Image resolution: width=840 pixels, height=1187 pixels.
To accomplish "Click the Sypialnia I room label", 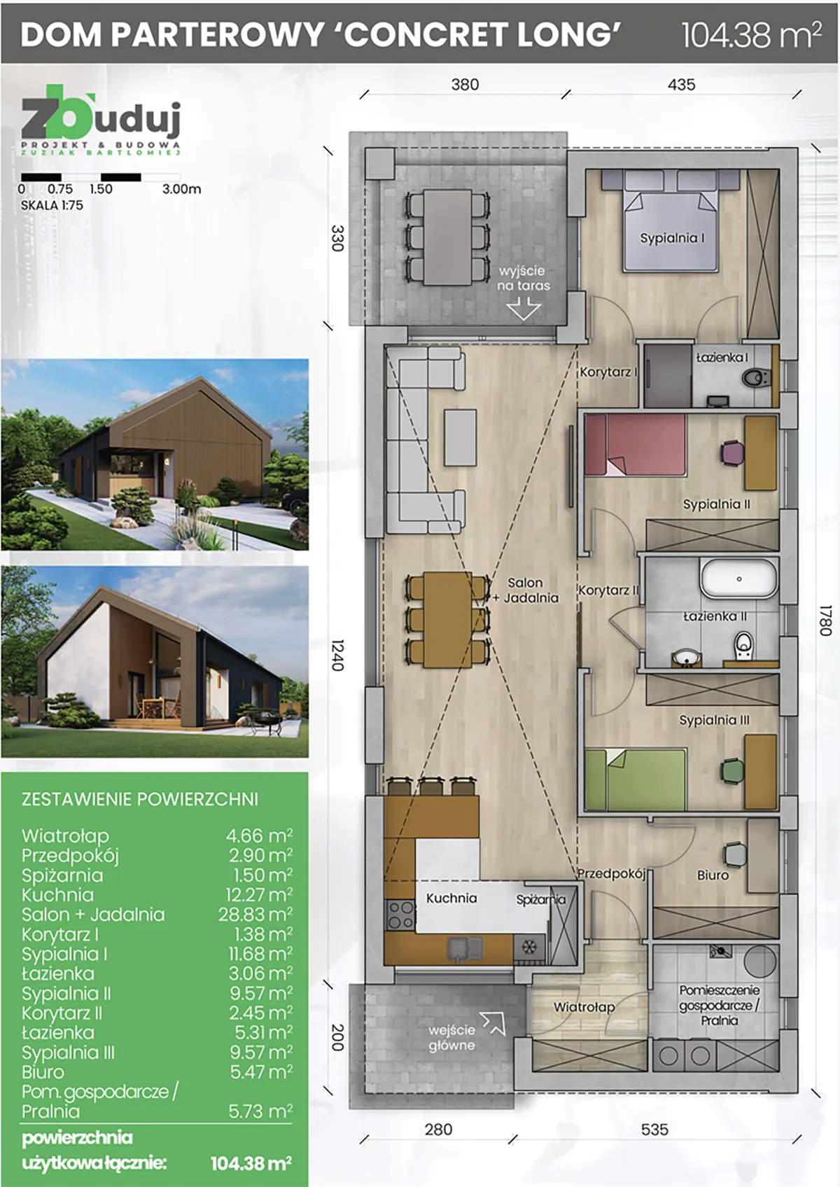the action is [672, 238].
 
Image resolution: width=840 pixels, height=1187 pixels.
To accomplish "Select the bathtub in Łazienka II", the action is [738, 578].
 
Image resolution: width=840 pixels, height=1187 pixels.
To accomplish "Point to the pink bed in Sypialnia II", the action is [635, 445].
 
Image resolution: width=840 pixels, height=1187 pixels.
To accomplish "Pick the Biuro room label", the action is [713, 875].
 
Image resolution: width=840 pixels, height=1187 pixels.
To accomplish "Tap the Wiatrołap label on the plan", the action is [584, 1006].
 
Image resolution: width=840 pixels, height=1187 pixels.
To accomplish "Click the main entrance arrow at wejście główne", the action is [492, 1024].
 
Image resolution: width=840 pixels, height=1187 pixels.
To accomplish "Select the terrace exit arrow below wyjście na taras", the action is [524, 308].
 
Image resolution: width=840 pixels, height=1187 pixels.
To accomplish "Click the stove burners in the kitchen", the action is [401, 915].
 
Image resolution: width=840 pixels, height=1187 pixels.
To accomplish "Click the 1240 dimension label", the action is [338, 655].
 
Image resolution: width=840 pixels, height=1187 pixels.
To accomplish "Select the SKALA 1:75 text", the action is [52, 206].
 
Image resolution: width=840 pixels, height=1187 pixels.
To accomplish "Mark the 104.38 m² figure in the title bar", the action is [752, 34].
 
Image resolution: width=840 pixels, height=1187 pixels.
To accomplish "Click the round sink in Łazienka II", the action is [687, 658].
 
